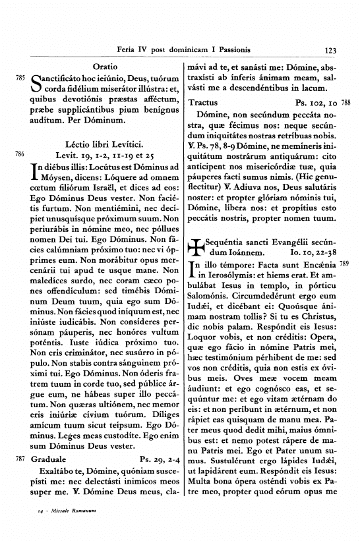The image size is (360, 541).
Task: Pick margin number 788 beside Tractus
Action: click(x=347, y=103)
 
